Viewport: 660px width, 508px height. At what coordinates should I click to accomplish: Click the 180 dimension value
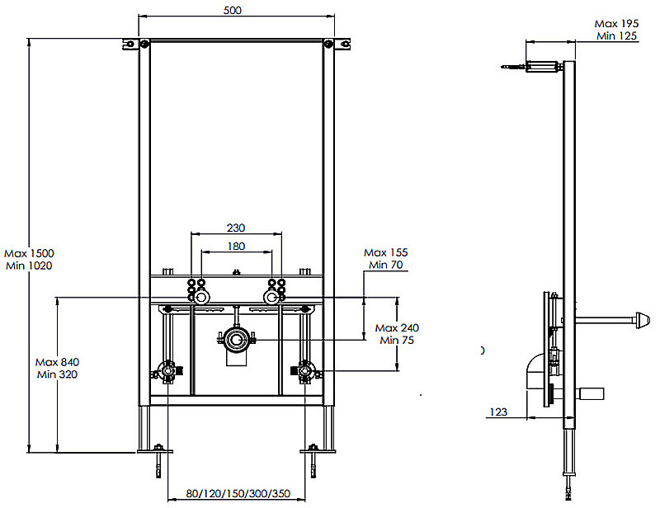click(x=237, y=246)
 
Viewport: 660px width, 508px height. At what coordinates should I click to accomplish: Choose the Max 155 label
click(x=386, y=252)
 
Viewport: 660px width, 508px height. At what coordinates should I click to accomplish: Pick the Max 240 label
click(x=397, y=327)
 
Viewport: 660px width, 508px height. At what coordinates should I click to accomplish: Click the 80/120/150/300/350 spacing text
click(x=237, y=494)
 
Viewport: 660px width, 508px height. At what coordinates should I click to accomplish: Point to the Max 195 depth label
click(x=617, y=24)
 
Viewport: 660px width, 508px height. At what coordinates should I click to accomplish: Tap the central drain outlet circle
click(x=237, y=338)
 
